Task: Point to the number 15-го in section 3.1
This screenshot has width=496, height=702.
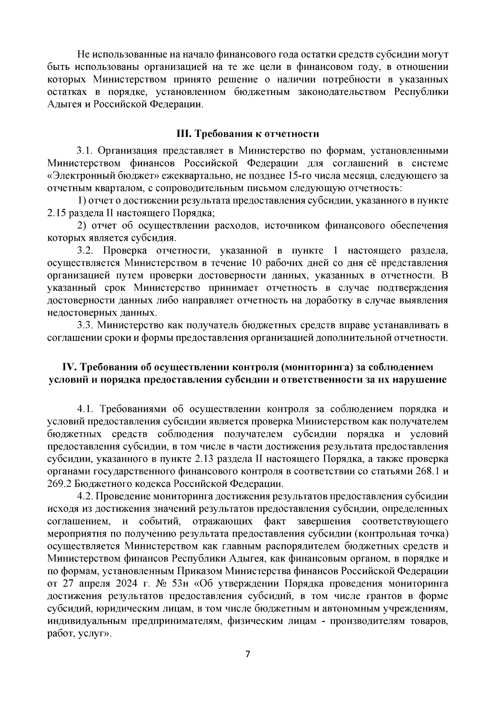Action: pos(296,175)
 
